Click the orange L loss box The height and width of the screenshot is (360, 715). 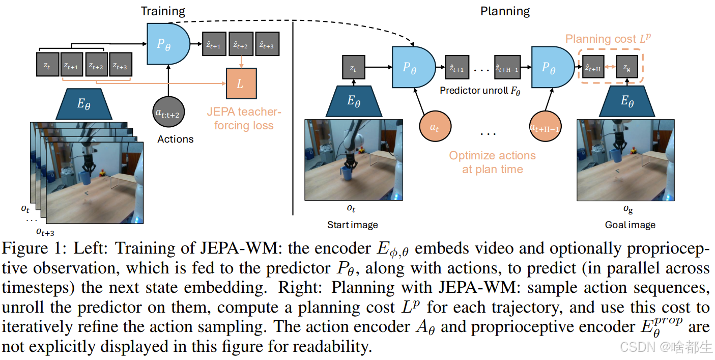pos(240,84)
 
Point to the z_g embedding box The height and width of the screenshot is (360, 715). pos(626,67)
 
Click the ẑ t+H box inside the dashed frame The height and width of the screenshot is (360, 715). pos(593,67)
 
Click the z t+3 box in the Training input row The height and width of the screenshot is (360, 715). pos(121,65)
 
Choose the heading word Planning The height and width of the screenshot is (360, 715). pos(505,11)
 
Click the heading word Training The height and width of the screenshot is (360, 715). pos(163,11)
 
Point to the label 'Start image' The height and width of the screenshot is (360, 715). pos(352,225)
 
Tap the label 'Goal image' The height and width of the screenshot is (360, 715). pos(630,225)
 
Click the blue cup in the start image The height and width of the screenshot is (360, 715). pos(348,174)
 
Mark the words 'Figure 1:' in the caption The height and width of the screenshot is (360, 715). pos(33,250)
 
